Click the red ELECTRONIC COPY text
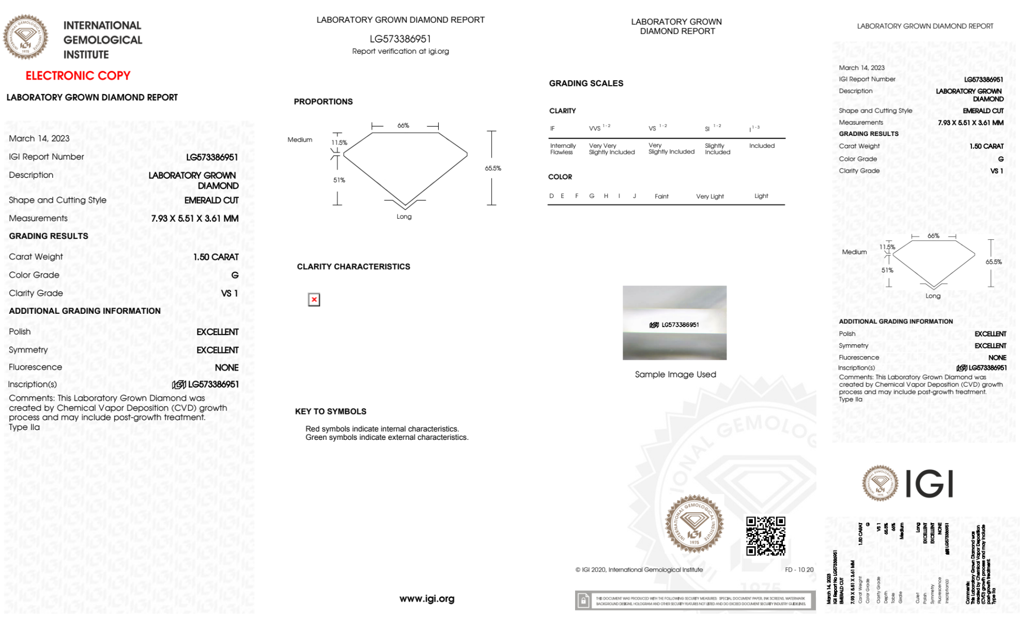pyautogui.click(x=78, y=76)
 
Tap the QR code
pyautogui.click(x=765, y=536)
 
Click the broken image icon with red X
pyautogui.click(x=314, y=300)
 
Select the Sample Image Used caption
pyautogui.click(x=675, y=375)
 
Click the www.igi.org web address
pyautogui.click(x=427, y=599)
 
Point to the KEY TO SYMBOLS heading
pyautogui.click(x=330, y=412)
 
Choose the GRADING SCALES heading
pyautogui.click(x=586, y=84)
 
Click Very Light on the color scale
pyautogui.click(x=709, y=196)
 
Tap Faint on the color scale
pyautogui.click(x=661, y=196)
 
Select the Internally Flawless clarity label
pyautogui.click(x=563, y=149)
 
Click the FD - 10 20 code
pyautogui.click(x=799, y=570)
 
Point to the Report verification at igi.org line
pyautogui.click(x=400, y=52)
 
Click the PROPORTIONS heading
pyautogui.click(x=323, y=102)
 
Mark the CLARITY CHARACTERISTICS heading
pyautogui.click(x=353, y=267)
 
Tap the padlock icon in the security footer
pyautogui.click(x=583, y=601)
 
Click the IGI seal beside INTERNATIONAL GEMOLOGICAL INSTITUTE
pyautogui.click(x=25, y=37)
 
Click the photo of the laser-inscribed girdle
pyautogui.click(x=674, y=323)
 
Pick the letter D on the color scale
pyautogui.click(x=551, y=196)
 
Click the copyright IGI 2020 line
pyautogui.click(x=639, y=570)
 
